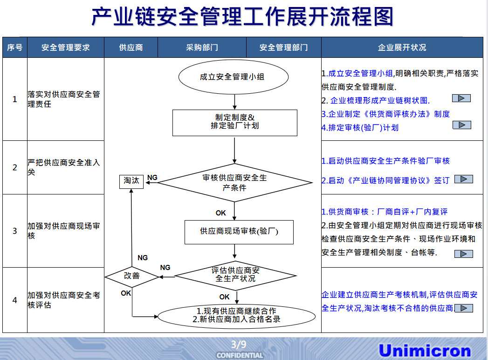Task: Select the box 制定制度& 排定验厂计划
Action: click(x=234, y=123)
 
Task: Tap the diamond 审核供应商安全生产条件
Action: click(x=234, y=183)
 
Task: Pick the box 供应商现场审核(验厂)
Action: click(x=239, y=231)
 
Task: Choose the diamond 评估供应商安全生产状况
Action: click(x=235, y=275)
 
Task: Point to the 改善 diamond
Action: click(x=132, y=276)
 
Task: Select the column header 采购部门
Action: click(x=202, y=48)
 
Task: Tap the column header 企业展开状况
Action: click(x=402, y=48)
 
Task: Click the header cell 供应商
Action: click(x=131, y=48)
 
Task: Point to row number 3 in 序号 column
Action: click(x=15, y=231)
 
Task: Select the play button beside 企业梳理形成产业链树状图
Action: click(x=461, y=98)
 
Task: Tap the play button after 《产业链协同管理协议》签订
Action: click(x=463, y=179)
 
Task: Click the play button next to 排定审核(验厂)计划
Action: click(x=461, y=125)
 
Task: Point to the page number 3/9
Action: click(x=239, y=345)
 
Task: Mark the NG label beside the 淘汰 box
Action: click(x=152, y=178)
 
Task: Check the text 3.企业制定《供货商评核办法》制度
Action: click(x=385, y=114)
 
